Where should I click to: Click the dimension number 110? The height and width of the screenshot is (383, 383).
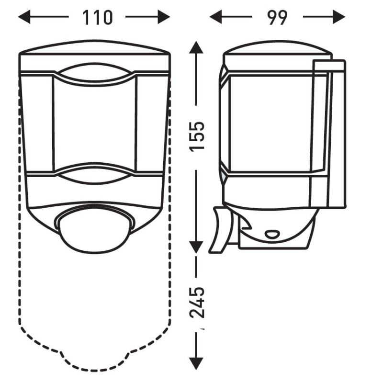click(97, 17)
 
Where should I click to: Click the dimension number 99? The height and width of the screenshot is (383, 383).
click(277, 17)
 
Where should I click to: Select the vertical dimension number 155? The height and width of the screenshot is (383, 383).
click(197, 136)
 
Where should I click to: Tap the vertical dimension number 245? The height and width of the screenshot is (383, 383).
click(197, 302)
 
